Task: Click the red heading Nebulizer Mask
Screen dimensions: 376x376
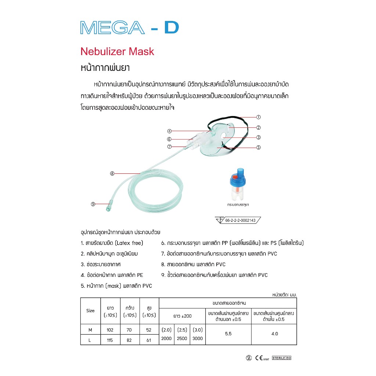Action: pyautogui.click(x=117, y=51)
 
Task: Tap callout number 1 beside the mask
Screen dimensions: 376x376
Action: pyautogui.click(x=258, y=117)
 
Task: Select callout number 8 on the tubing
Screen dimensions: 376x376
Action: pyautogui.click(x=112, y=174)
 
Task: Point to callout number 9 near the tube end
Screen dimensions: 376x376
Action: pyautogui.click(x=93, y=204)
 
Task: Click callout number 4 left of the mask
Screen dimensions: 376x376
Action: pyautogui.click(x=169, y=131)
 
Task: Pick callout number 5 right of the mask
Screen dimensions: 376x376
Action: pyautogui.click(x=258, y=148)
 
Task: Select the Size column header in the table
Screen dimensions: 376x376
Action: pyautogui.click(x=90, y=311)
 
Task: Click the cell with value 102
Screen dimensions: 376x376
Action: pyautogui.click(x=110, y=330)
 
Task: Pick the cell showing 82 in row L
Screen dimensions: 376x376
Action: pyautogui.click(x=129, y=340)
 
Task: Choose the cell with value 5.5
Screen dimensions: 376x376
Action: pyautogui.click(x=228, y=334)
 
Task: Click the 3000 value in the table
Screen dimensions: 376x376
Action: pyautogui.click(x=197, y=339)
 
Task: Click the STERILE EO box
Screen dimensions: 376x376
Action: pyautogui.click(x=282, y=358)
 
